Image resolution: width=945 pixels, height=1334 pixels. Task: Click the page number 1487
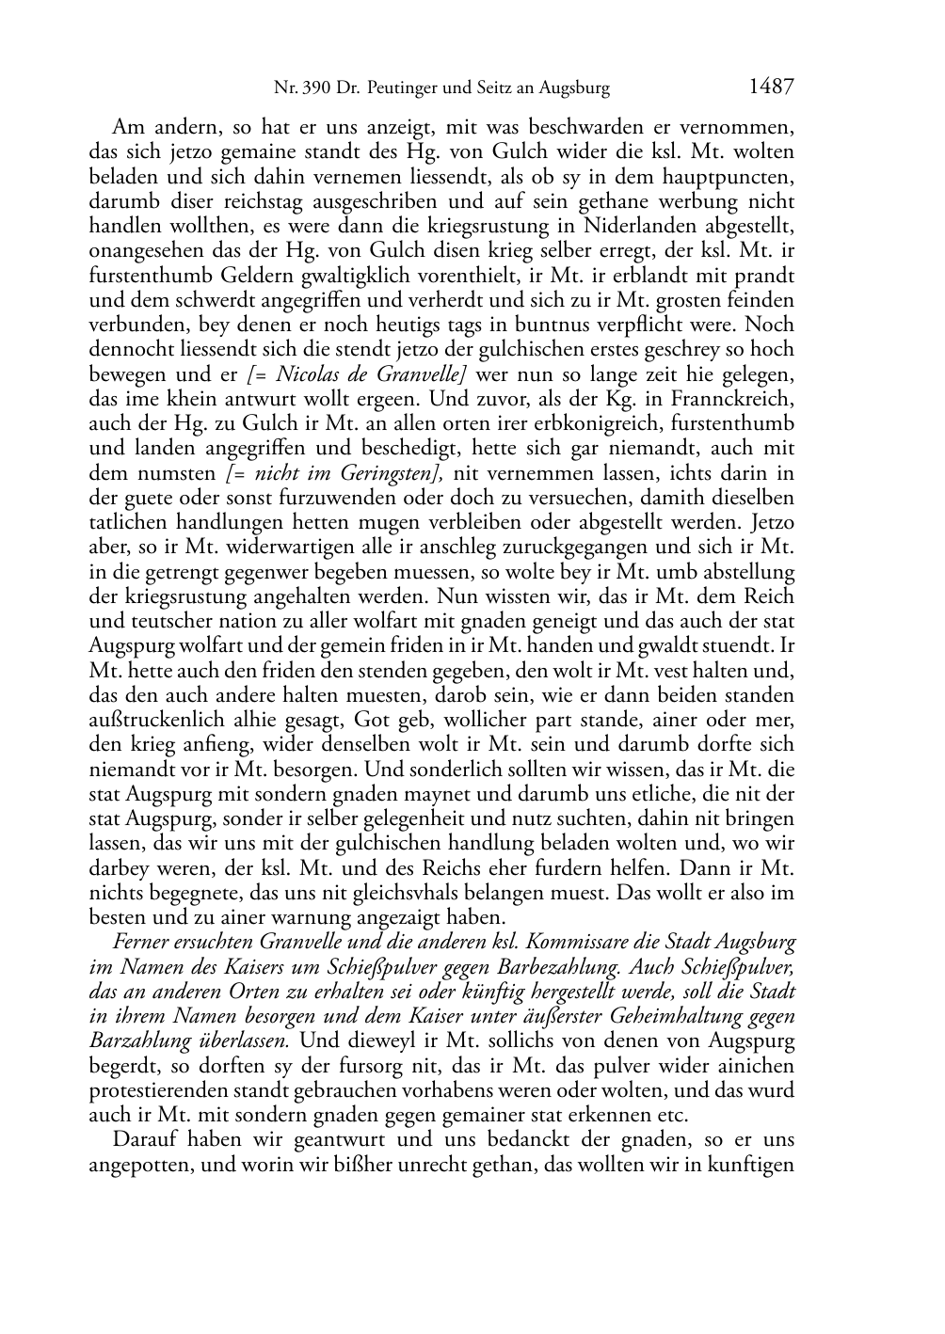click(x=771, y=87)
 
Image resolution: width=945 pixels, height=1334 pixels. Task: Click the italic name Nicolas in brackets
click(x=308, y=374)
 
